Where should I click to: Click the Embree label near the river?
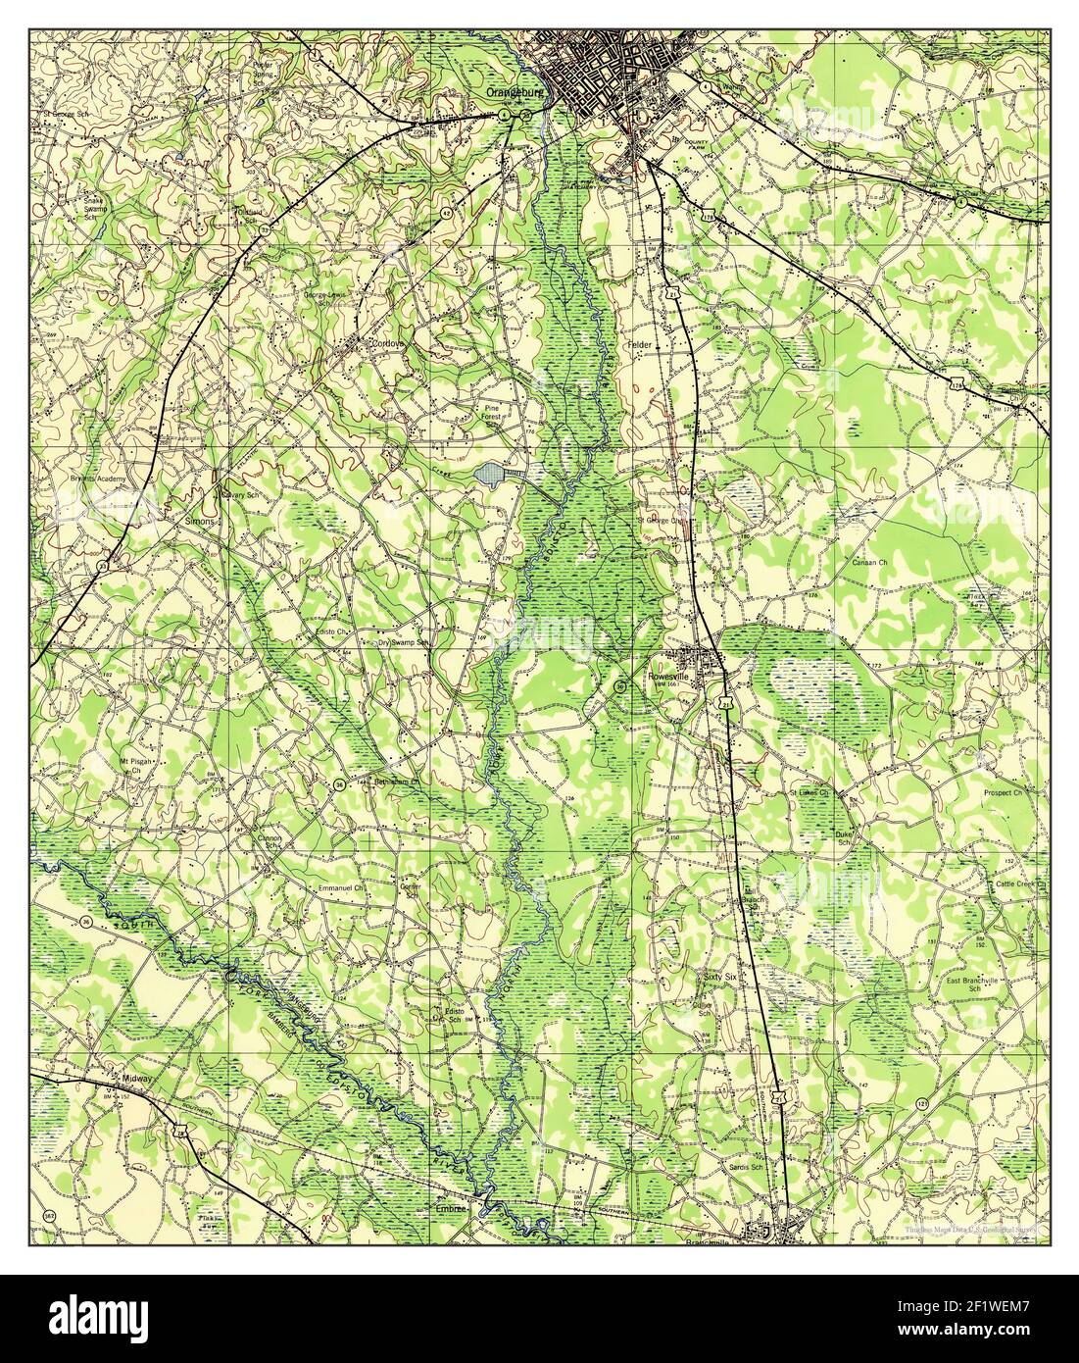[454, 1210]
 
